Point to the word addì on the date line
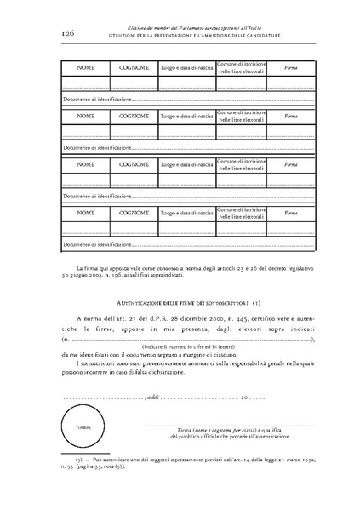point(152,397)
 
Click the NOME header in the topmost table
point(86,67)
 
